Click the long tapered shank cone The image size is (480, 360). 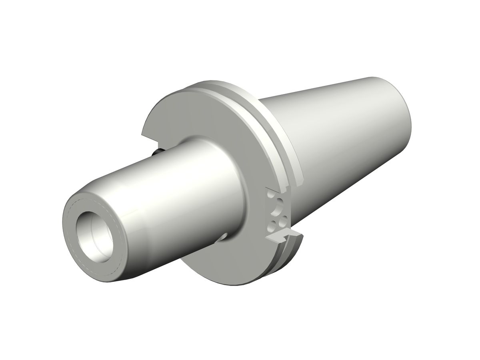[x=340, y=132]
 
